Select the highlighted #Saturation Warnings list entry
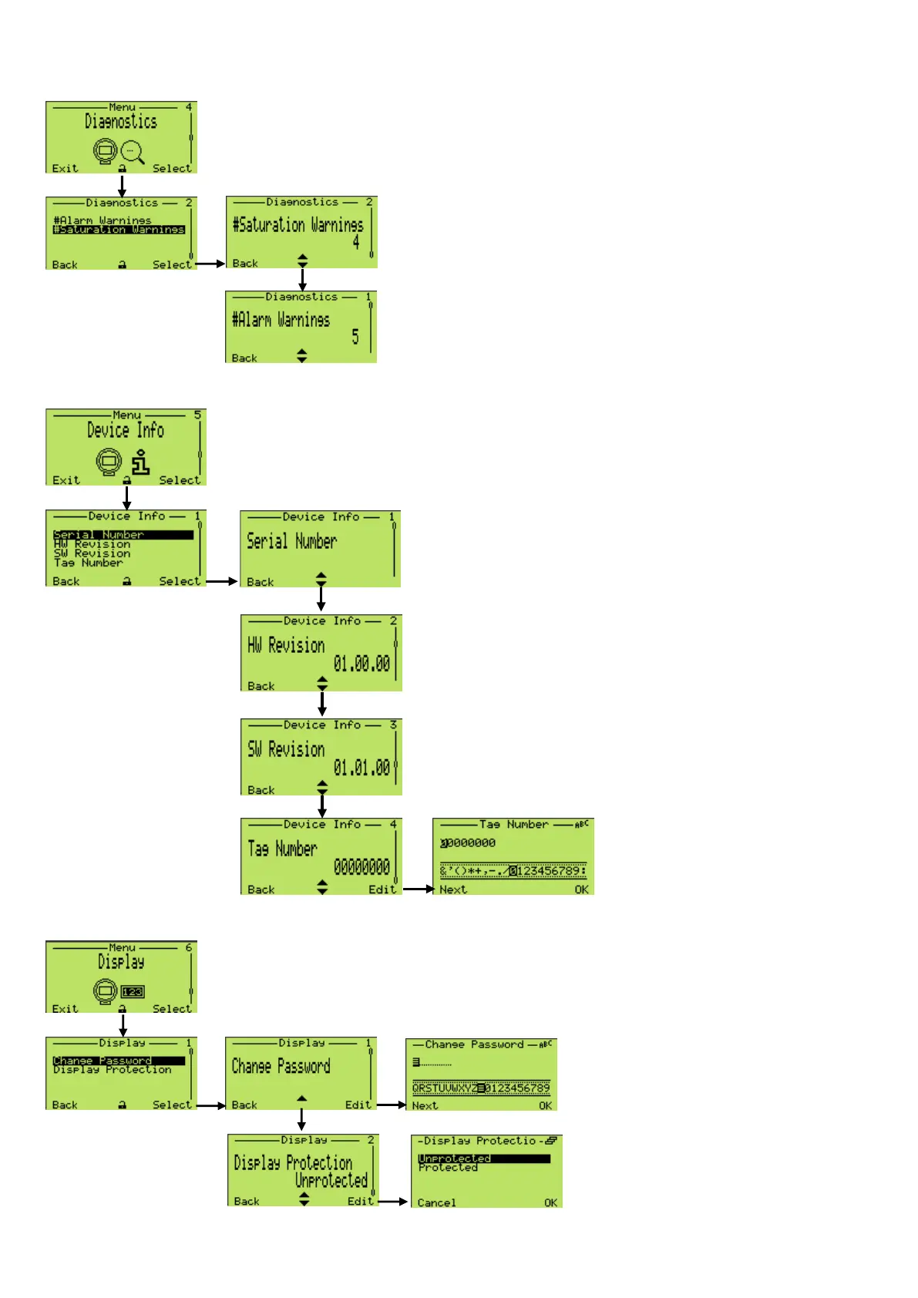[x=119, y=230]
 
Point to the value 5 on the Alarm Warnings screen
[x=355, y=337]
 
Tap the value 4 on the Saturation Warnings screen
[x=355, y=242]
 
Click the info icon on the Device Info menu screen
[x=140, y=462]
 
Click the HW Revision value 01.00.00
[x=361, y=664]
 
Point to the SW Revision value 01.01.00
[x=361, y=768]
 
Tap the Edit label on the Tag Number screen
[x=382, y=889]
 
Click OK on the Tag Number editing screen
[x=581, y=889]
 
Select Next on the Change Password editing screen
[x=425, y=1105]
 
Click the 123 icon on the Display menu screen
[x=133, y=992]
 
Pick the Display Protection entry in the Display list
[x=113, y=1070]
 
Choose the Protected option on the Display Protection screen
[x=448, y=1168]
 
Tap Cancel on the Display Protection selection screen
[x=436, y=1202]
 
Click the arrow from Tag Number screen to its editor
[x=418, y=889]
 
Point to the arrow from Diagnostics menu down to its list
[x=122, y=186]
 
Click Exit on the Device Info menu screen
[x=66, y=480]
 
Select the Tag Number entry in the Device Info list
[x=88, y=563]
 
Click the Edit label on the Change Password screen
[x=358, y=1105]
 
